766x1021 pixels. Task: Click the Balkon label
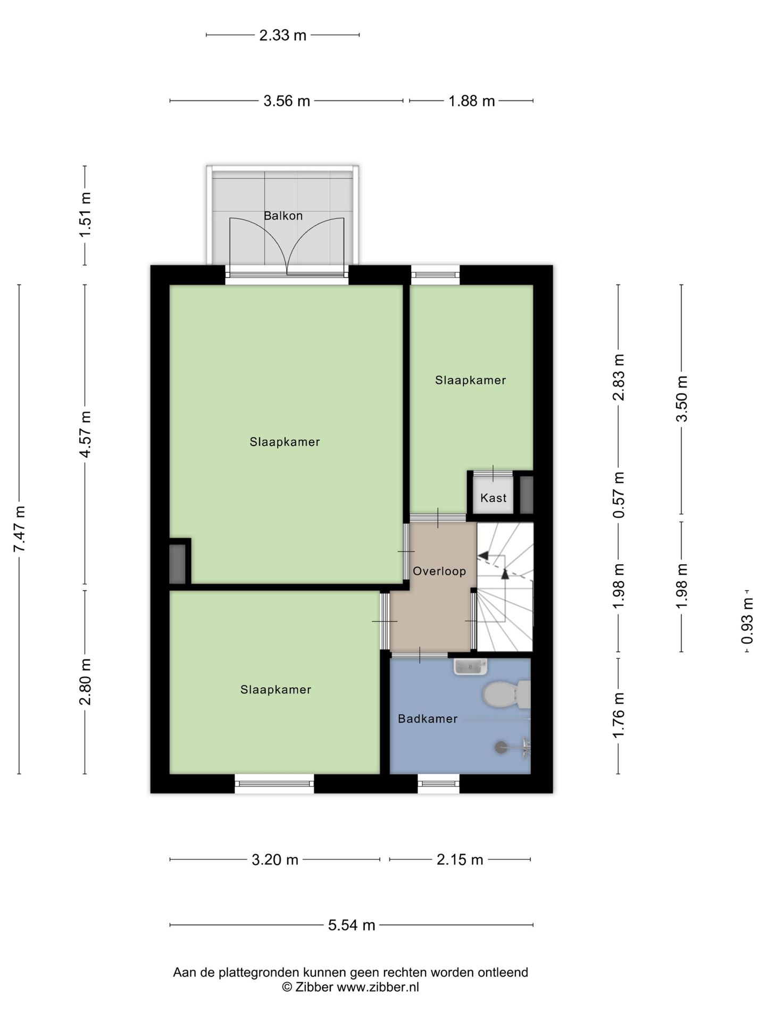point(283,216)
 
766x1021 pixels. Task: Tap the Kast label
point(493,498)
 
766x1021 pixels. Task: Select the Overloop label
point(439,572)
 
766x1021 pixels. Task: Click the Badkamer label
point(428,719)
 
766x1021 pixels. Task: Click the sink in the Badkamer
point(470,666)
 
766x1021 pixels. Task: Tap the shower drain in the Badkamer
point(501,747)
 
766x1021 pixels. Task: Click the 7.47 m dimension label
point(20,529)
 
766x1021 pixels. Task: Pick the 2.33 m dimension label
point(283,35)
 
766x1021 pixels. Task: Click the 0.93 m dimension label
point(747,621)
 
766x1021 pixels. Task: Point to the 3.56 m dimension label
point(287,101)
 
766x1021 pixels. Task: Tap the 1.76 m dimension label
point(618,716)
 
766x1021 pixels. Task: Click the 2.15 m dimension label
point(460,860)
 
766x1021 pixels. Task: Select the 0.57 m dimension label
point(618,495)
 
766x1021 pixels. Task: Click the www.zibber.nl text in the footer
point(378,987)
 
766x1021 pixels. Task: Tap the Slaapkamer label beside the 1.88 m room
point(470,380)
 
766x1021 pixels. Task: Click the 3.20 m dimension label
point(275,860)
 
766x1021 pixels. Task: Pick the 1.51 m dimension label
point(85,215)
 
